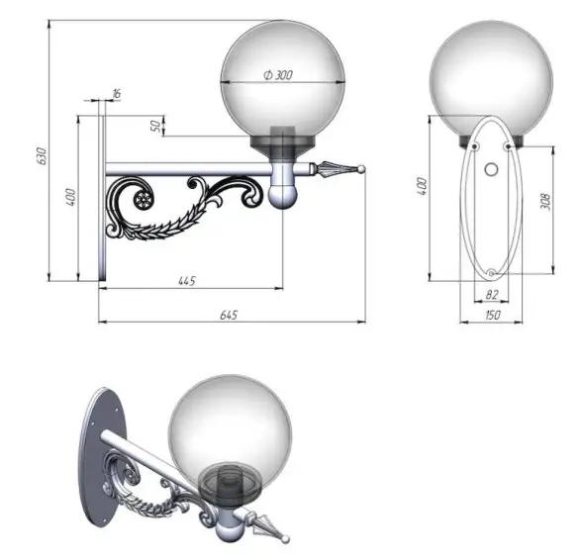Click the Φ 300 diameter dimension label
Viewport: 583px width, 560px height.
[x=278, y=75]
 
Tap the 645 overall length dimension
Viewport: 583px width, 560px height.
[x=227, y=315]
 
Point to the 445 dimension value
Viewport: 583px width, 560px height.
[x=187, y=281]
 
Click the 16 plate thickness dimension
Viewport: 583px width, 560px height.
[x=117, y=93]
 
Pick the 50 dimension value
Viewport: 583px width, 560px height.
[x=154, y=126]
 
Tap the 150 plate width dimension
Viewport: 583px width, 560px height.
[x=491, y=315]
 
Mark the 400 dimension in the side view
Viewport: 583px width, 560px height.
[x=70, y=197]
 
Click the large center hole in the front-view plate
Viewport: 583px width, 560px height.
[x=491, y=170]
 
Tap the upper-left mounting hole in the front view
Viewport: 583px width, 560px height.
[x=475, y=147]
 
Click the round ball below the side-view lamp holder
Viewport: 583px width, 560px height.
[x=282, y=193]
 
